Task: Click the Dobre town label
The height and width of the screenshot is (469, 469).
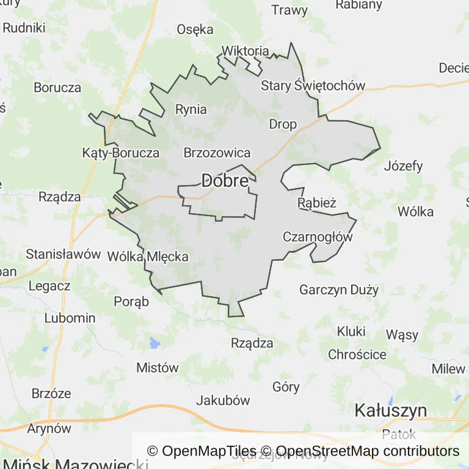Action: coord(225,181)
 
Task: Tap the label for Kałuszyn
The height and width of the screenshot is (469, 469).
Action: coord(391,410)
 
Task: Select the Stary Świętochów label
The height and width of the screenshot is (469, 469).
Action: coord(313,85)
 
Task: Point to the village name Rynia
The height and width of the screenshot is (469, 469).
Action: coord(191,110)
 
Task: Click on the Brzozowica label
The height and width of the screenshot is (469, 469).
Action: coord(217,153)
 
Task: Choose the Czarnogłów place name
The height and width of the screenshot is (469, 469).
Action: coord(318,237)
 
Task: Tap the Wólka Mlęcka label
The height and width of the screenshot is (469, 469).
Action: coord(148,257)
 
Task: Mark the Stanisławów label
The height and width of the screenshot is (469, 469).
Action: coord(64,254)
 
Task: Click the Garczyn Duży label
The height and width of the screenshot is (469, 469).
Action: coord(339,289)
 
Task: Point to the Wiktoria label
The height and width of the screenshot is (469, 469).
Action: coord(245,51)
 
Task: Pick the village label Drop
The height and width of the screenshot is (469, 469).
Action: coord(283,125)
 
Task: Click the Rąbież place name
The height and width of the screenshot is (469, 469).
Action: coord(317,202)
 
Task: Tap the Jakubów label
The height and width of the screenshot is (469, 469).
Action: coord(223,401)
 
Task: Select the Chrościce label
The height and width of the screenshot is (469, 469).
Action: coord(357,354)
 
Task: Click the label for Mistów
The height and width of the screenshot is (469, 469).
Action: coord(158,368)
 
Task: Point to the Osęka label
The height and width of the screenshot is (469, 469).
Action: coord(195,29)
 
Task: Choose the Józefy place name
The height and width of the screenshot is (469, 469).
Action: coord(404,165)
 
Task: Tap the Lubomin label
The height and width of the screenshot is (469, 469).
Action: coord(70,318)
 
